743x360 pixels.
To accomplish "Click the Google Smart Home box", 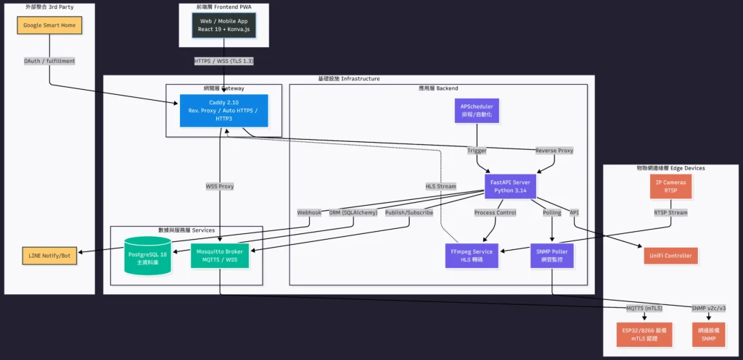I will (x=50, y=25).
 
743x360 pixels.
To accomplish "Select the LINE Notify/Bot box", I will (x=50, y=256).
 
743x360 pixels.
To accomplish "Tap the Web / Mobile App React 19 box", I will (x=224, y=25).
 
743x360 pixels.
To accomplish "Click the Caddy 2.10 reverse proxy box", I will (x=223, y=111).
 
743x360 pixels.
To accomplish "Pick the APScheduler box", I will (x=477, y=110).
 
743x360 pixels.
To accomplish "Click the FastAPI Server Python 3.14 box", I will (x=510, y=187).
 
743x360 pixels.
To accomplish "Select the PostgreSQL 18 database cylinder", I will (x=147, y=256).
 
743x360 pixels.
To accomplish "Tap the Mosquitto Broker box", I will (x=220, y=256).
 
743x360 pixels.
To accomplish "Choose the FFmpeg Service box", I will (x=472, y=256).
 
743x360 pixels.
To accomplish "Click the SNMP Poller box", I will (x=553, y=256).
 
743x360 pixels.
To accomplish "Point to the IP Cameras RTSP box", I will (x=670, y=187).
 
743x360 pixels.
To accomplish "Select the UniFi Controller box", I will (x=670, y=256).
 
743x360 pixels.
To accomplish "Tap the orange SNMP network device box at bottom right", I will (x=709, y=334).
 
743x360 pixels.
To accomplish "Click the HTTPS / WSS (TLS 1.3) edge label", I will (x=223, y=61).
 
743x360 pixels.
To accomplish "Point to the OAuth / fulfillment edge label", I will (x=50, y=61).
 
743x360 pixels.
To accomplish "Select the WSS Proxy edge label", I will (x=220, y=186).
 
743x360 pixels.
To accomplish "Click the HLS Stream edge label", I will (x=440, y=186).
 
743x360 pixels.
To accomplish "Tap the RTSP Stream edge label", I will (x=670, y=212).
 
